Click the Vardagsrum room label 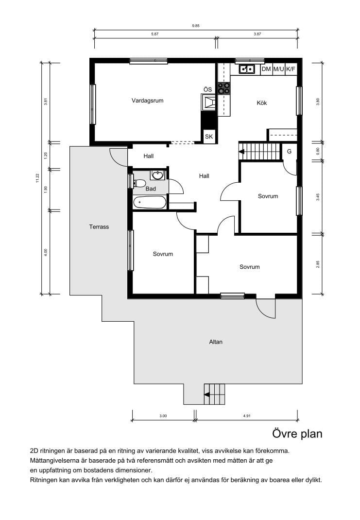(148, 101)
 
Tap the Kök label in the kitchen (261, 103)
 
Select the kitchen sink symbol (247, 69)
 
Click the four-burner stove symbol (224, 88)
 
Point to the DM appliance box (266, 69)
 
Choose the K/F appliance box (291, 69)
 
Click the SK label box (209, 136)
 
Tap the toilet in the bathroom (139, 183)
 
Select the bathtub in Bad (149, 202)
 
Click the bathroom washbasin (157, 175)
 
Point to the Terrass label (99, 227)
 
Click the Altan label (216, 342)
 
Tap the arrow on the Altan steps (207, 395)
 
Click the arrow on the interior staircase (242, 152)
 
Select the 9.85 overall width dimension (196, 26)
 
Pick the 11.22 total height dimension (37, 178)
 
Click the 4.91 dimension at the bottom (247, 416)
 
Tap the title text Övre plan (297, 434)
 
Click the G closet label (289, 152)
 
